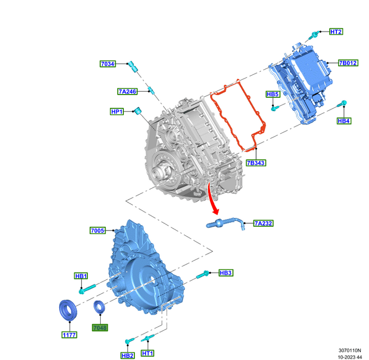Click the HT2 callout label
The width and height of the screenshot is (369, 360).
[336, 32]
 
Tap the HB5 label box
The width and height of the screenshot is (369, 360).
[273, 95]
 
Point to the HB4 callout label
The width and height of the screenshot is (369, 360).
[344, 121]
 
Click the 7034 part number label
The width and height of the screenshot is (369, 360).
[107, 64]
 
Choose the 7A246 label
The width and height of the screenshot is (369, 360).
[127, 91]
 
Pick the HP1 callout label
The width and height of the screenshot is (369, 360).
[117, 112]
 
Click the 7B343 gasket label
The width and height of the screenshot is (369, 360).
[256, 163]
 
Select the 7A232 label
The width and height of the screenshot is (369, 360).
[263, 223]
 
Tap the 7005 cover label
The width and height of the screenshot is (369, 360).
[97, 230]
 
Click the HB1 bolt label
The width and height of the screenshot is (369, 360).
[81, 275]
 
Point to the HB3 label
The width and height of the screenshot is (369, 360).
[226, 273]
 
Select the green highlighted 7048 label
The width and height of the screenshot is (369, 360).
[100, 327]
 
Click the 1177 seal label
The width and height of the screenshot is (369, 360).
[69, 335]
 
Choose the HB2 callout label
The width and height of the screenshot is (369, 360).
[127, 355]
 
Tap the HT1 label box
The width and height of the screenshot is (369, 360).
[147, 353]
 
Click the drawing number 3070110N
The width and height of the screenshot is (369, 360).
[350, 350]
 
